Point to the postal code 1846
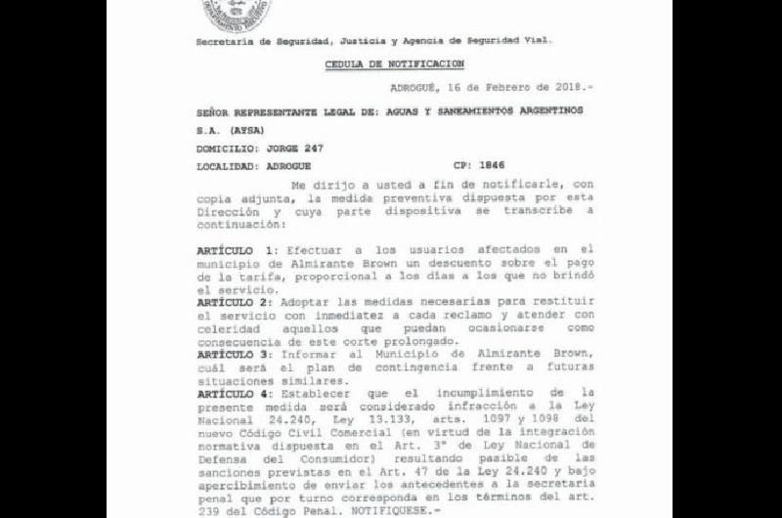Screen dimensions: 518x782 tap(492, 165)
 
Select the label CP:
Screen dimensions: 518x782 tap(461, 165)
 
